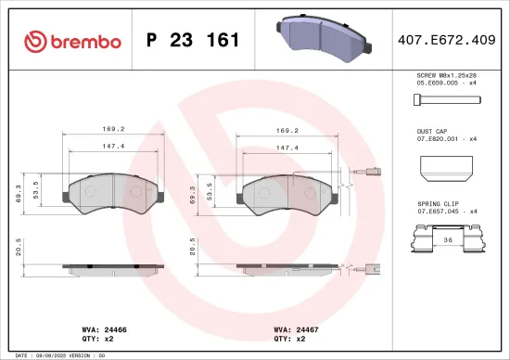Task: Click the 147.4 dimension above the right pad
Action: [x=288, y=147]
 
